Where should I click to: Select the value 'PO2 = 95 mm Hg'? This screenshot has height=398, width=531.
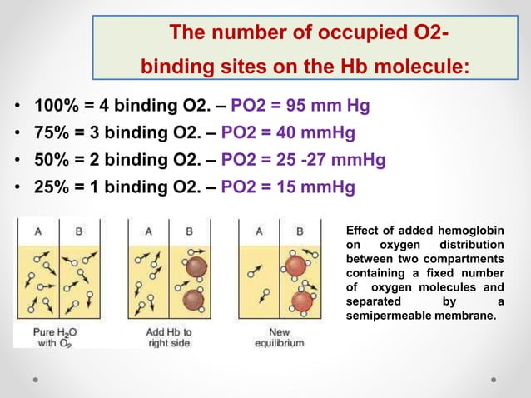300,107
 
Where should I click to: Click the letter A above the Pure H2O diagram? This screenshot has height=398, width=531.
37,231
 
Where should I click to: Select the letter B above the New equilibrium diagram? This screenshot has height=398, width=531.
300,231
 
